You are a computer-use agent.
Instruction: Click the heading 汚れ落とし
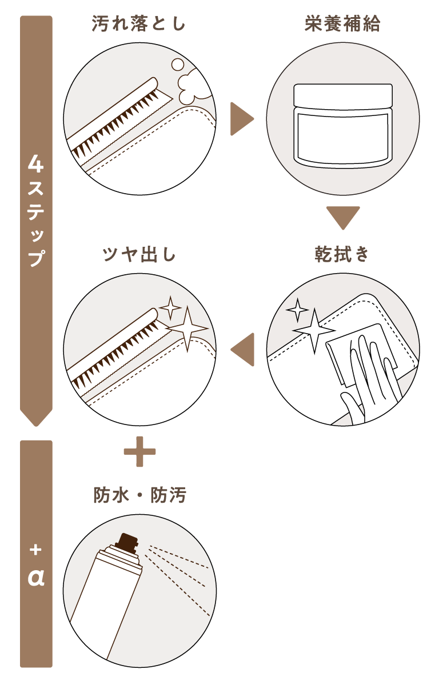point(138,23)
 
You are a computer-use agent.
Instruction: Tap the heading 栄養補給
point(342,23)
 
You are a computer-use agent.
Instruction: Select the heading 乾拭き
point(342,254)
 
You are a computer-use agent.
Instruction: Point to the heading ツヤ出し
point(139,254)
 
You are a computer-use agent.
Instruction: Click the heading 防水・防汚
point(139,495)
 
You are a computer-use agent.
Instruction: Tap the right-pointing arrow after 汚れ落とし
point(241,119)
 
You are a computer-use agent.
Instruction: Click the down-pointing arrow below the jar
point(343,218)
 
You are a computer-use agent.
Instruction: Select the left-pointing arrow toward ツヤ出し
point(242,350)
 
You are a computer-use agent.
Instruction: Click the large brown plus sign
point(139,452)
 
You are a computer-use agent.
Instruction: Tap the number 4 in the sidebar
point(36,164)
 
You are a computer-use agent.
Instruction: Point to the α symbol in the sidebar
point(36,577)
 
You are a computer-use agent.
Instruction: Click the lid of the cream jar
point(343,96)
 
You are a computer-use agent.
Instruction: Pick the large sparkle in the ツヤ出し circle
point(187,329)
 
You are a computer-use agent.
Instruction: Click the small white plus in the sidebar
point(35,550)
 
